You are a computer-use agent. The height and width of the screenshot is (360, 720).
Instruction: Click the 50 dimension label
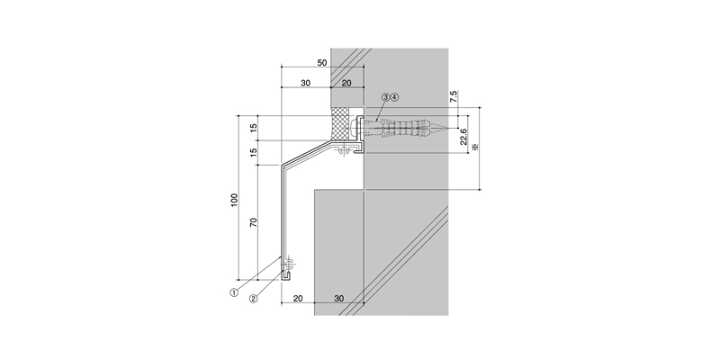click(x=322, y=62)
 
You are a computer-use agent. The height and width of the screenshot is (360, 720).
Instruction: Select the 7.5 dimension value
click(x=454, y=96)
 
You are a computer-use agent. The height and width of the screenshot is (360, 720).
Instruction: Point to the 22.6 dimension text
click(x=463, y=137)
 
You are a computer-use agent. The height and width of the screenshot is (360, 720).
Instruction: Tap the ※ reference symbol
click(x=475, y=147)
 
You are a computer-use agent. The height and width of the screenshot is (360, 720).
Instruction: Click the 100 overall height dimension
click(x=235, y=200)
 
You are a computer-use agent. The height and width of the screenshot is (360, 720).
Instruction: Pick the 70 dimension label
click(x=253, y=222)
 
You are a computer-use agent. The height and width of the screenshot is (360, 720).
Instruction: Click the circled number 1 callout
click(x=234, y=292)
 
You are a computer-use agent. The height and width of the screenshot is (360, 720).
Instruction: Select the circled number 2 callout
click(x=253, y=298)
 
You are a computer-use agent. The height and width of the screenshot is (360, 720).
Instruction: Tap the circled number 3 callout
click(x=386, y=97)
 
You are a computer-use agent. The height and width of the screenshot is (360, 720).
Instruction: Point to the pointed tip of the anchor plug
click(x=447, y=127)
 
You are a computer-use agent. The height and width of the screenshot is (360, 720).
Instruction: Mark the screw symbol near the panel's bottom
click(x=289, y=265)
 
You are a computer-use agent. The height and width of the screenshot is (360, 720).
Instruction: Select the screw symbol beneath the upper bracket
click(x=342, y=150)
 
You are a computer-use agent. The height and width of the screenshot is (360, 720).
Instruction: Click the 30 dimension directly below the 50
click(x=305, y=83)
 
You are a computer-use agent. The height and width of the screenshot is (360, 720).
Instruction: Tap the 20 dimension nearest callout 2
click(x=298, y=299)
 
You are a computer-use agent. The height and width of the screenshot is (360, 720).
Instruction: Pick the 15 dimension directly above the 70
click(x=253, y=152)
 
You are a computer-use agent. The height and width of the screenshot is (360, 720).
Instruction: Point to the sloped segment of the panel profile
click(x=307, y=153)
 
